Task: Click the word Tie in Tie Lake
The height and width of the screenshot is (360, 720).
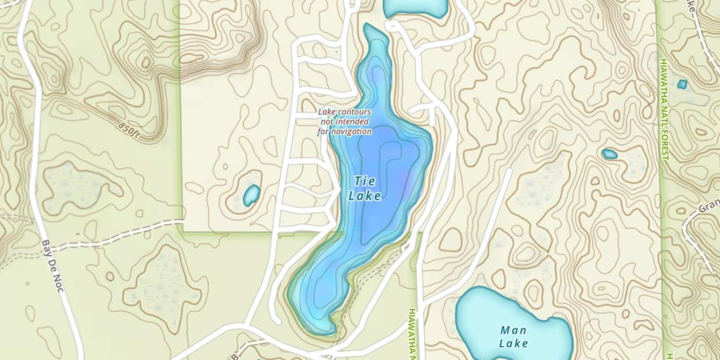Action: (365, 181)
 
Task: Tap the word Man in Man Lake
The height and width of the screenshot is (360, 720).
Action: (513, 330)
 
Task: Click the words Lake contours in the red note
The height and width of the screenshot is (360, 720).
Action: (345, 112)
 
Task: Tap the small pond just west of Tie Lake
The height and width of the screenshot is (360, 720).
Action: (252, 195)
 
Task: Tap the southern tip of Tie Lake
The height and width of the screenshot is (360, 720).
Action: (326, 330)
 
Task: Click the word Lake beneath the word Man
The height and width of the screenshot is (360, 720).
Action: (513, 344)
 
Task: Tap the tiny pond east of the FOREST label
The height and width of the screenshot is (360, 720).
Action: (682, 84)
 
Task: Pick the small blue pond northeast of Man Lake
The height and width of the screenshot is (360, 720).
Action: (610, 154)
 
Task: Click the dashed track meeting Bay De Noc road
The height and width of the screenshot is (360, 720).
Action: (110, 235)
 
